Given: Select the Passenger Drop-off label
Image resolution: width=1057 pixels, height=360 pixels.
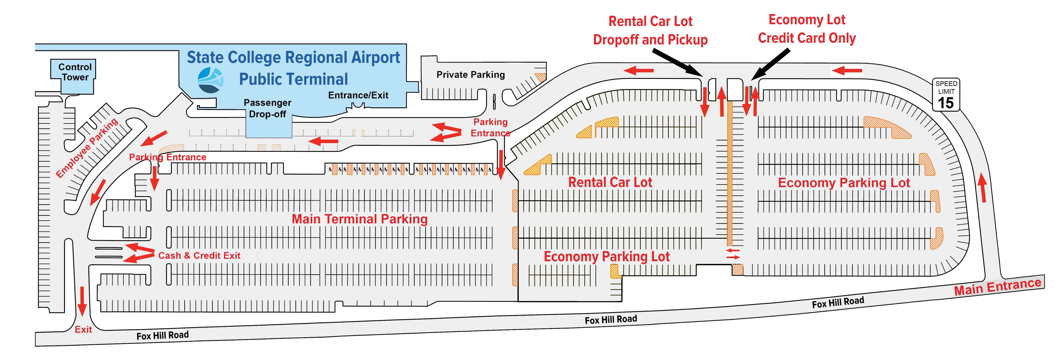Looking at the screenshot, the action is click(x=267, y=108).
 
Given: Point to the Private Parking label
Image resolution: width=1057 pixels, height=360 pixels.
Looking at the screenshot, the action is click(x=471, y=75).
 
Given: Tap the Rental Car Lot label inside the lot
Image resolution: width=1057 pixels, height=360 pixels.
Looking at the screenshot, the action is click(x=610, y=182).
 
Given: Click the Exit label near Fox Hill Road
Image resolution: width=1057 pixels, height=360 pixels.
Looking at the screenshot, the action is click(x=83, y=329).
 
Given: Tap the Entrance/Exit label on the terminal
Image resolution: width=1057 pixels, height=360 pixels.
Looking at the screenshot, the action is click(x=358, y=95).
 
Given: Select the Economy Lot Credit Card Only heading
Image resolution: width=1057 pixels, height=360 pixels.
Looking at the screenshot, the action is click(x=807, y=29).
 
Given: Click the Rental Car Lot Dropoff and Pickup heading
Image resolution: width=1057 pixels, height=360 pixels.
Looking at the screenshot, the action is click(x=650, y=30).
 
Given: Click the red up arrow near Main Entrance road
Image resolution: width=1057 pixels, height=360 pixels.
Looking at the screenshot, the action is click(x=983, y=188).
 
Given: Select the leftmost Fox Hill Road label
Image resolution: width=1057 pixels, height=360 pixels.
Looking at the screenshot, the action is click(x=162, y=335).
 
